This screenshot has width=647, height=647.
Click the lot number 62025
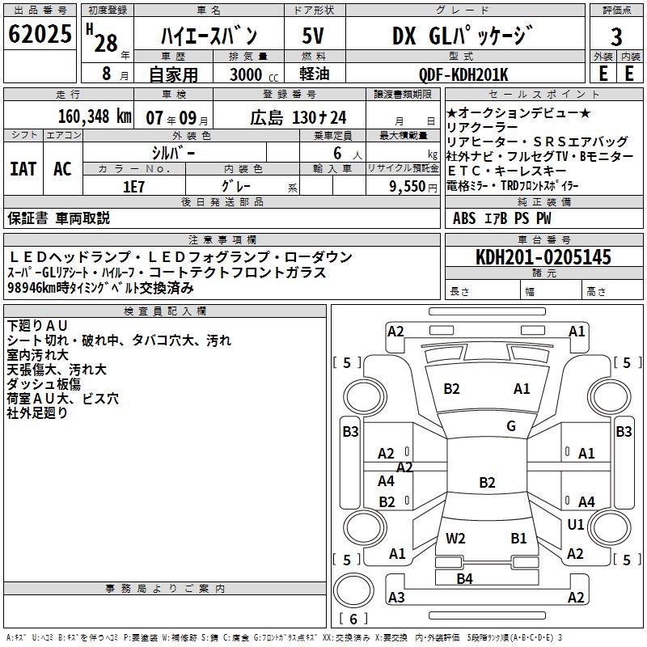click(x=40, y=36)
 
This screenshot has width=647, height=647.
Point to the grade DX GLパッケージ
click(x=463, y=36)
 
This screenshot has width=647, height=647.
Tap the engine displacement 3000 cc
click(x=247, y=75)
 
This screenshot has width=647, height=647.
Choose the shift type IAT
click(x=23, y=168)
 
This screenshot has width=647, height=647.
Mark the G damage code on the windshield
click(x=511, y=426)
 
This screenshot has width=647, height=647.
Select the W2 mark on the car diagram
click(x=455, y=538)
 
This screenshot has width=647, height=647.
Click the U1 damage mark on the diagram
click(x=576, y=525)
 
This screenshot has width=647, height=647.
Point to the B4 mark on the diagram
click(x=464, y=578)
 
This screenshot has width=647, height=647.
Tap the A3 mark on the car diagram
click(x=396, y=598)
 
